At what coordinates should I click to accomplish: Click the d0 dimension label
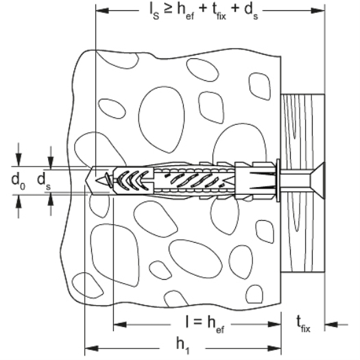click(x=19, y=181)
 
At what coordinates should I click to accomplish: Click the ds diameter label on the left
click(x=44, y=181)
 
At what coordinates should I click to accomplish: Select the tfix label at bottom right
click(x=303, y=324)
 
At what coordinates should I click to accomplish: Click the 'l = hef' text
click(x=205, y=324)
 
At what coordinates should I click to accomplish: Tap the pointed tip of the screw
click(x=97, y=180)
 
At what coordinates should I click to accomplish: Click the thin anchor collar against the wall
click(x=278, y=180)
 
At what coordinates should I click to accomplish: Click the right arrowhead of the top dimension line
click(x=317, y=10)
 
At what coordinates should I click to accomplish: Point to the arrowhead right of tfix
click(x=331, y=324)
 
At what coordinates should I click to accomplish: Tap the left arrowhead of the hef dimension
click(x=120, y=324)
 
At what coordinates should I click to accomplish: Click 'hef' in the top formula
click(x=186, y=12)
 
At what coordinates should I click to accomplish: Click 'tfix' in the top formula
click(x=217, y=12)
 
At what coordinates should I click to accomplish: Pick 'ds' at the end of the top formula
click(x=251, y=12)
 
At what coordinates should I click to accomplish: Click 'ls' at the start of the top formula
click(x=154, y=12)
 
